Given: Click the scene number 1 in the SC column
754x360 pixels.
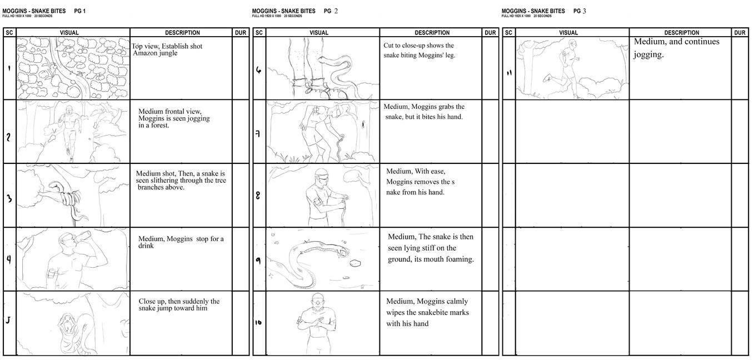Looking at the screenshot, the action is (x=9, y=68).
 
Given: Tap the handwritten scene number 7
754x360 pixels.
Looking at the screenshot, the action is (x=258, y=134).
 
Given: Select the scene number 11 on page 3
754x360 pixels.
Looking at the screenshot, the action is (x=509, y=73).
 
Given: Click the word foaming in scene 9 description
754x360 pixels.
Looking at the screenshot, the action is (x=461, y=259).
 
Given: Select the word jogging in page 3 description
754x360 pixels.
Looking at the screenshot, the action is (x=648, y=54).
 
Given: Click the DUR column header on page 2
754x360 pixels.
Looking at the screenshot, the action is (x=490, y=33).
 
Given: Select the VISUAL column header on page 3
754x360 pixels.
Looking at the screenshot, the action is (x=568, y=33).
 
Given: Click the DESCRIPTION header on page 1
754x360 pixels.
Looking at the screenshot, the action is (x=182, y=33).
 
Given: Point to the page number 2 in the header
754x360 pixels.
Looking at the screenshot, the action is (x=336, y=11).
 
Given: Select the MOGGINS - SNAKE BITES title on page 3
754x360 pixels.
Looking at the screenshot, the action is (x=533, y=11).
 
